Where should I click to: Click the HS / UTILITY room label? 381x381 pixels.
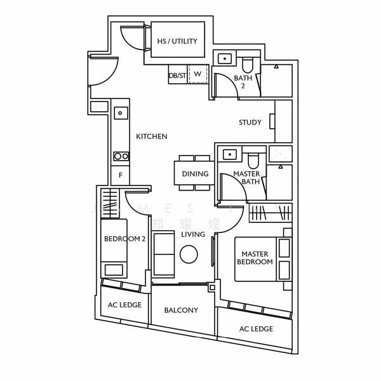click(177, 41)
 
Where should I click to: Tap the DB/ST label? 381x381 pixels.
click(177, 74)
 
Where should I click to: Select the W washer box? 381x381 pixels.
click(197, 74)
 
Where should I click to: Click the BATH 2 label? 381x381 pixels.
click(243, 81)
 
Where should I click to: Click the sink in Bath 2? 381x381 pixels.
click(225, 59)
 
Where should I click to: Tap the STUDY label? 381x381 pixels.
click(250, 123)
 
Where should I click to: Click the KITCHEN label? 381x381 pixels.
click(152, 137)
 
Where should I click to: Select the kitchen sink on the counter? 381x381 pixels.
click(120, 114)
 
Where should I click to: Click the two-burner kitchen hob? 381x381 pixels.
click(120, 156)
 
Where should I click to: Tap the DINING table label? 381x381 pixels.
click(195, 173)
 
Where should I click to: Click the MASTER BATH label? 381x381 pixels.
click(246, 177)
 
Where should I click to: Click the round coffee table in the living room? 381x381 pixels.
click(189, 255)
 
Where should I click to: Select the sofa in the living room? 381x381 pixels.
click(164, 252)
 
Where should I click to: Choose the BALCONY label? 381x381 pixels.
click(181, 311)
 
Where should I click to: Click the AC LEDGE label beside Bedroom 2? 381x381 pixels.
click(124, 305)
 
